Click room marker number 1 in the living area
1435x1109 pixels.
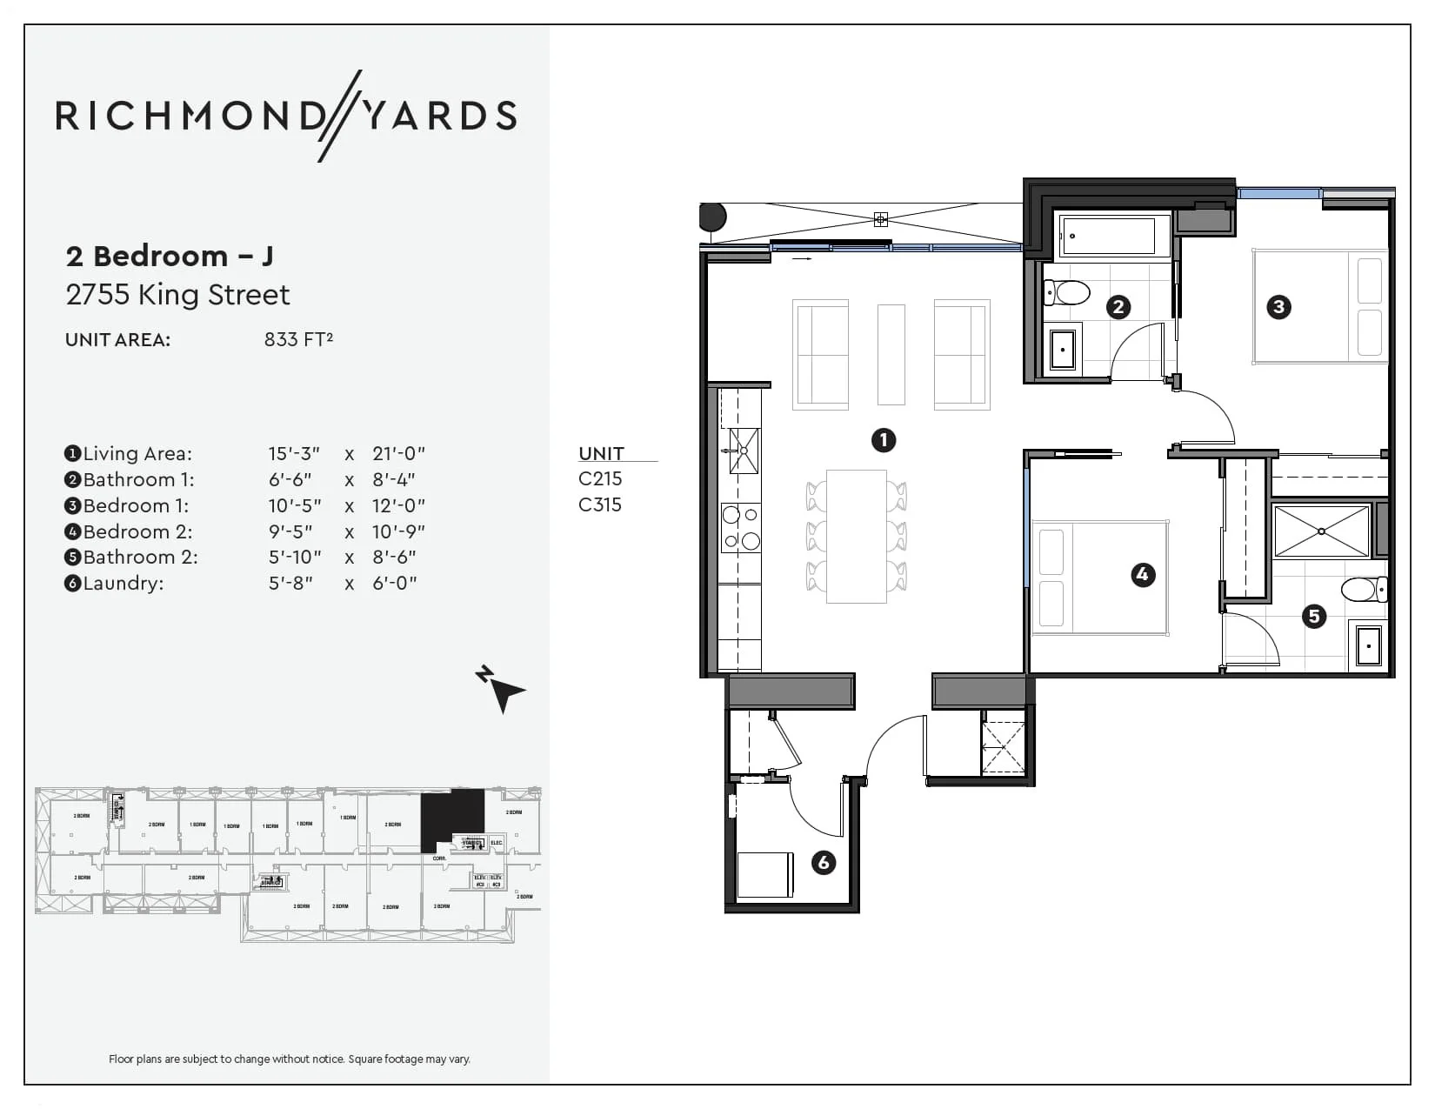click(x=884, y=440)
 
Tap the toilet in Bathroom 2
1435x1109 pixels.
click(x=1362, y=590)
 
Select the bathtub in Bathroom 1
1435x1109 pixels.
click(x=1107, y=236)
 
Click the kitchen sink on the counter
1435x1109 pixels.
click(x=744, y=451)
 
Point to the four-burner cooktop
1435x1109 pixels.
click(x=741, y=528)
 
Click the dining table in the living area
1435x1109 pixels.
click(x=856, y=536)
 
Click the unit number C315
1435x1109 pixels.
click(x=600, y=504)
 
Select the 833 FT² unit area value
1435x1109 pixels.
click(x=298, y=339)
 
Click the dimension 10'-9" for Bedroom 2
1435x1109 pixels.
click(x=398, y=531)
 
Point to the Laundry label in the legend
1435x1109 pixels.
click(x=123, y=583)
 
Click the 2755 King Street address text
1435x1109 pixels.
click(x=178, y=295)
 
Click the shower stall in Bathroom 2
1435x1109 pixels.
click(x=1321, y=531)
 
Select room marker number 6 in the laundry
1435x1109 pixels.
click(x=823, y=862)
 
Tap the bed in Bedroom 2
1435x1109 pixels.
click(x=1098, y=578)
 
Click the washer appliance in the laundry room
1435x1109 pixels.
click(x=764, y=874)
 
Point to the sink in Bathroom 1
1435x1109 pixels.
click(x=1062, y=349)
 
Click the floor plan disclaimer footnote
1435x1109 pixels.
click(x=290, y=1059)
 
